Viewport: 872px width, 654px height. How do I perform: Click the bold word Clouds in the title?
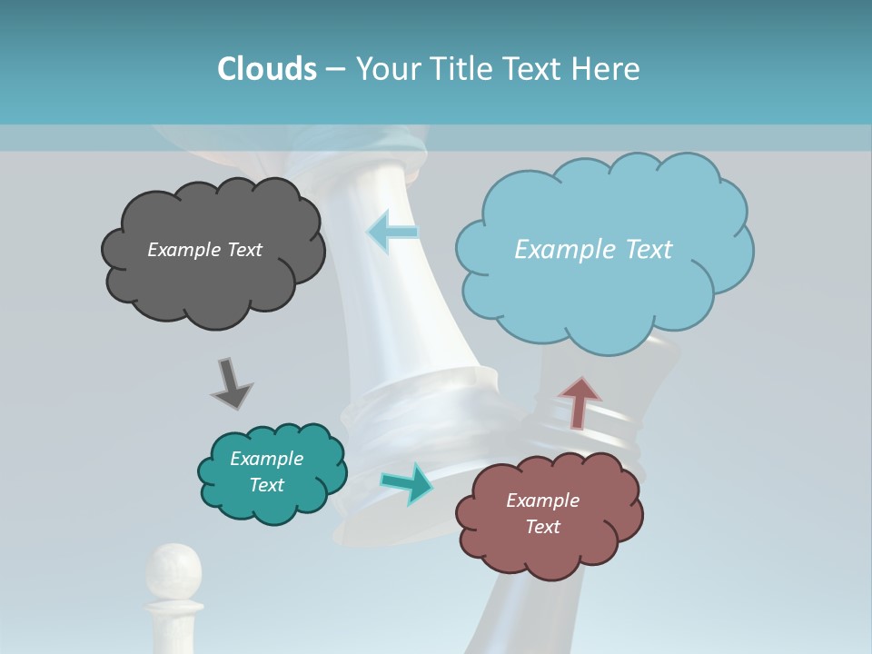(x=266, y=69)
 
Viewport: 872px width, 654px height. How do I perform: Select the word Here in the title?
(x=608, y=69)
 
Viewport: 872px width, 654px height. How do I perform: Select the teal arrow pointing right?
(x=408, y=483)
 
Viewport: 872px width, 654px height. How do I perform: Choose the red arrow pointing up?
(x=579, y=401)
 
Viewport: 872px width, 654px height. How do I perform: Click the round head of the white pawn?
(x=174, y=568)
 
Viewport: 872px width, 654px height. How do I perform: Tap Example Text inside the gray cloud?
(x=204, y=250)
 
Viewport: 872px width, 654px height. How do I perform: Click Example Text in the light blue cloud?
(x=593, y=250)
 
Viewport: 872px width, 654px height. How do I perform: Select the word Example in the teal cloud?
(x=266, y=459)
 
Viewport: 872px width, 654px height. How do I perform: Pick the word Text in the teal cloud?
(x=266, y=485)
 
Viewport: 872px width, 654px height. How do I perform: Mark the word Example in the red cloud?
(x=542, y=500)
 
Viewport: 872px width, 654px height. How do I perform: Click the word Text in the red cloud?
(x=542, y=527)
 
